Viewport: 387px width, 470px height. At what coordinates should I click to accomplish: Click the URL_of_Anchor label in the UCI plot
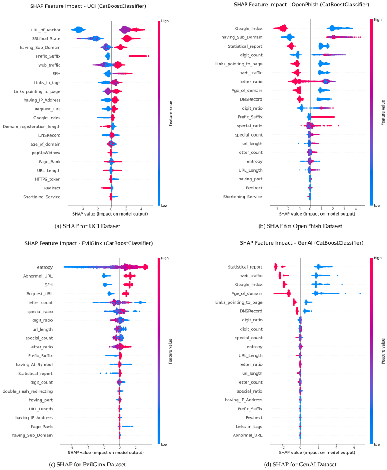pyautogui.click(x=45, y=30)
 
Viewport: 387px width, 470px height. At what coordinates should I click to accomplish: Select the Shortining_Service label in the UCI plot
pyautogui.click(x=42, y=197)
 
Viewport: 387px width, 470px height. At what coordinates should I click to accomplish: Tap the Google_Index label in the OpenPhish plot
pyautogui.click(x=248, y=29)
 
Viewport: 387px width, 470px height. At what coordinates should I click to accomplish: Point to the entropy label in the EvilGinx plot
pyautogui.click(x=45, y=267)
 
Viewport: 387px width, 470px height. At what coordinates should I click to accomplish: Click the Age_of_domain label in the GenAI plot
pyautogui.click(x=247, y=293)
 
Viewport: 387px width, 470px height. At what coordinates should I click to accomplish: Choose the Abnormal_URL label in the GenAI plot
pyautogui.click(x=247, y=436)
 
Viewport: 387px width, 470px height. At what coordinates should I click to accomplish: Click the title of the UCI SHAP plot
pyautogui.click(x=88, y=6)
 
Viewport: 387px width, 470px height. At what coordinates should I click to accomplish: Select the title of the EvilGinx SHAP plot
pyautogui.click(x=88, y=243)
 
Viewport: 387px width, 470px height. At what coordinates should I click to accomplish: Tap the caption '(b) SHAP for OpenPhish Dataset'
pyautogui.click(x=300, y=226)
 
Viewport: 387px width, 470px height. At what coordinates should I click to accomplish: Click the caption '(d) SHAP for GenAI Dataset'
pyautogui.click(x=300, y=464)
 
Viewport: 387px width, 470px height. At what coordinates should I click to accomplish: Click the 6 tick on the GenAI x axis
pyautogui.click(x=354, y=448)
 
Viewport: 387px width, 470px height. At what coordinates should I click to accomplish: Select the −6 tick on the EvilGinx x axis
pyautogui.click(x=71, y=448)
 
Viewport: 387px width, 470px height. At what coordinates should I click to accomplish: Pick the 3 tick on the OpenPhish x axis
pyautogui.click(x=344, y=209)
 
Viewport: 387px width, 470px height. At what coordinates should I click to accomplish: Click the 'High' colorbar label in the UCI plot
pyautogui.click(x=165, y=21)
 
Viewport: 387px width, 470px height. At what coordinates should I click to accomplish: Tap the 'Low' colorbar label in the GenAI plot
pyautogui.click(x=377, y=444)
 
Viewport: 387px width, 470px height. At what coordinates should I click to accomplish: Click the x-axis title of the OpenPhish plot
pyautogui.click(x=317, y=214)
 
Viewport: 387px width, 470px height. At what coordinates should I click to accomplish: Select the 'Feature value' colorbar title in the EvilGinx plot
pyautogui.click(x=170, y=351)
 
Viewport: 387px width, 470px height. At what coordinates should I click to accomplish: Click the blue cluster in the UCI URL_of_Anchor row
pyautogui.click(x=79, y=30)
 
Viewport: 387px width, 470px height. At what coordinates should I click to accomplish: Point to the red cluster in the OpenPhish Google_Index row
pyautogui.click(x=281, y=28)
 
